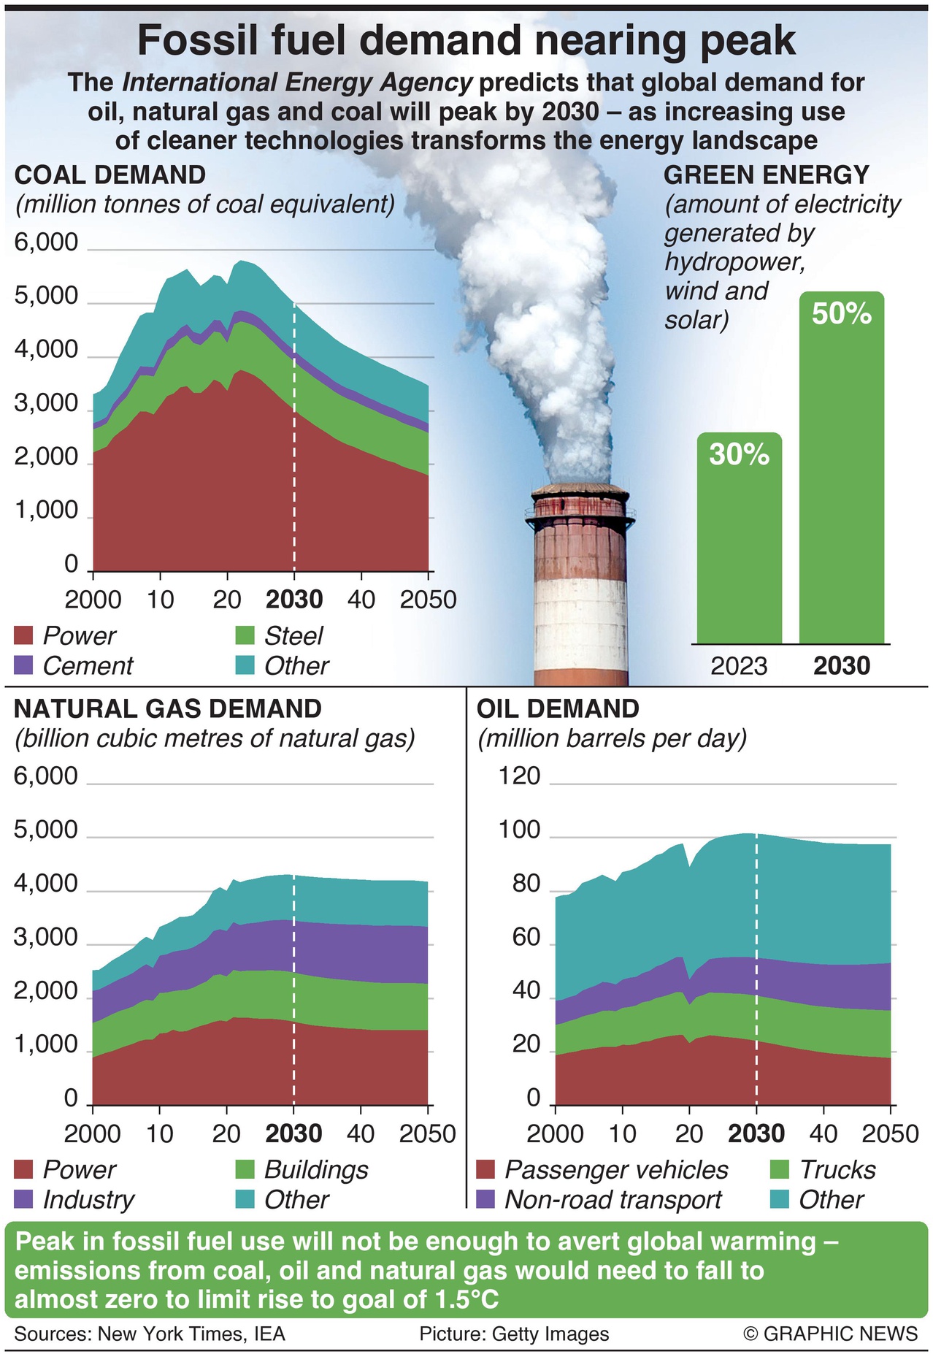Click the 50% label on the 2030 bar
842,314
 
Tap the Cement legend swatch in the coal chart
24,665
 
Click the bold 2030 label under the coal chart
294,600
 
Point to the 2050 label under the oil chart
890,1133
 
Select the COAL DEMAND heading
110,175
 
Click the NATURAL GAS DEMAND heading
168,709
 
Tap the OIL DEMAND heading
558,709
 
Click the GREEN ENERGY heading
767,175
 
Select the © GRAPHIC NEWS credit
830,1334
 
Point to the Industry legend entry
88,1200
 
